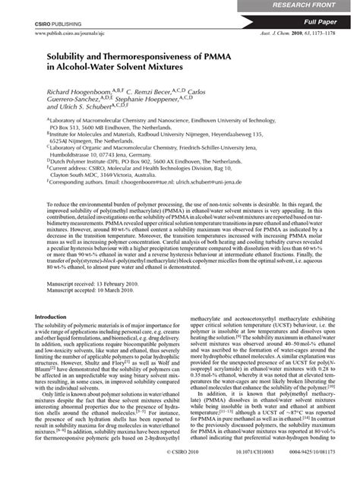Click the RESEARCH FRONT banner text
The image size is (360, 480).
coord(319,5)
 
